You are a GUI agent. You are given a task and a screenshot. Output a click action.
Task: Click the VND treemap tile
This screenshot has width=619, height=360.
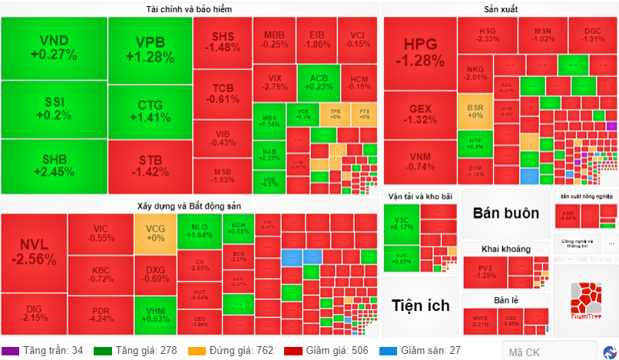pyautogui.click(x=53, y=48)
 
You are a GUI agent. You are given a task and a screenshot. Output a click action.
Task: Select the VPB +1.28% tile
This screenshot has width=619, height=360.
pyautogui.click(x=150, y=48)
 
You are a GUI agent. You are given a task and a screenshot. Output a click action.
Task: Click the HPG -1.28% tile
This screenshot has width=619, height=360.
pyautogui.click(x=419, y=51)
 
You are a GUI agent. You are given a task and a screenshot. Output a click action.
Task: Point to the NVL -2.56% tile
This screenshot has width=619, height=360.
pyautogui.click(x=34, y=251)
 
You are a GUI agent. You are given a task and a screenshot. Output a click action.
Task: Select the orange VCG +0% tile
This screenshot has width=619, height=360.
pyautogui.click(x=155, y=233)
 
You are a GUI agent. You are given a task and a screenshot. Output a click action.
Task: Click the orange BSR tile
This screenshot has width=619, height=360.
pyautogui.click(x=475, y=110)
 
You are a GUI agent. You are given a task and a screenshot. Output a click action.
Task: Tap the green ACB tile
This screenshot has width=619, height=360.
pyautogui.click(x=319, y=81)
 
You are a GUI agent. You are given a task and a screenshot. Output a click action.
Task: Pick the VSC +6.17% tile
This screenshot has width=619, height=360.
pyautogui.click(x=402, y=222)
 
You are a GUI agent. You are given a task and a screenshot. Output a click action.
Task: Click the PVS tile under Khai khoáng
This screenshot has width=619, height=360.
pyautogui.click(x=485, y=270)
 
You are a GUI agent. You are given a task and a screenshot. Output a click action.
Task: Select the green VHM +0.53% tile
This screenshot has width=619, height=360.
pyautogui.click(x=155, y=315)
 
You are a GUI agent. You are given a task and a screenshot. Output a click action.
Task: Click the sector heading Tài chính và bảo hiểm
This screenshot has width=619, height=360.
pyautogui.click(x=189, y=9)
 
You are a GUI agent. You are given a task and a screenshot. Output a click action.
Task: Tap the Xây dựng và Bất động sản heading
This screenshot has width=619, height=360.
pyautogui.click(x=189, y=206)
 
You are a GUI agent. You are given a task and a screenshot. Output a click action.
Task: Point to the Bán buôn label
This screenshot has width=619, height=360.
pyautogui.click(x=505, y=213)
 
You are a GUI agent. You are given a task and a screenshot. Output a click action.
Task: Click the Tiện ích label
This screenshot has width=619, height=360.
pyautogui.click(x=420, y=306)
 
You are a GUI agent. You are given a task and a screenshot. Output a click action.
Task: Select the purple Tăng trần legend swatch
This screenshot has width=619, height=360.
pyautogui.click(x=11, y=351)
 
